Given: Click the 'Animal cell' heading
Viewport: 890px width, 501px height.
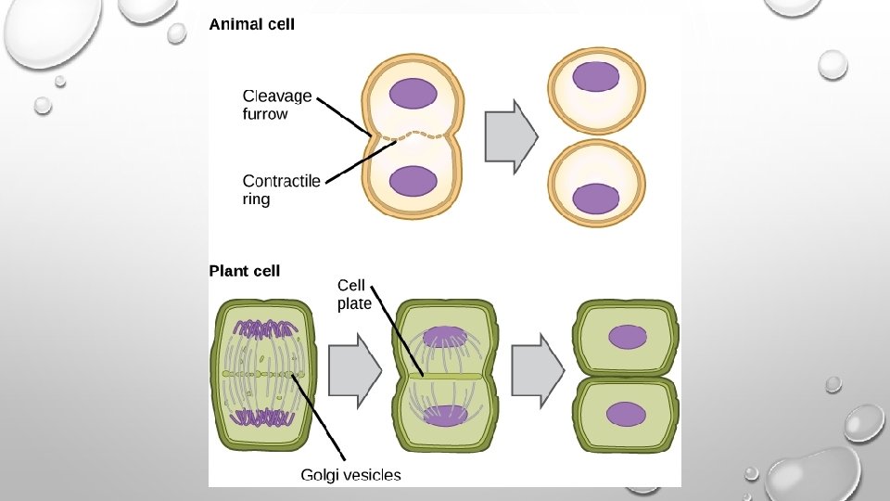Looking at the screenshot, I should click(x=252, y=25).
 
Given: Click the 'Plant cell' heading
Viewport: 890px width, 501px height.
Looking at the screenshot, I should click(x=245, y=271).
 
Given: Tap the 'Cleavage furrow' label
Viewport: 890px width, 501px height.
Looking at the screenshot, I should click(x=277, y=105).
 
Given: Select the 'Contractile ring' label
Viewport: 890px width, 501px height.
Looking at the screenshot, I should click(x=281, y=189).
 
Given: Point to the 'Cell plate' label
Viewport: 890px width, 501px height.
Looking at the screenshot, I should click(x=354, y=294).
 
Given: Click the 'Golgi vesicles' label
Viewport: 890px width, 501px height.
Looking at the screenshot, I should click(x=350, y=475).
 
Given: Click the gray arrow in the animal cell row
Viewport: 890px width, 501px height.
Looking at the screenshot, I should click(x=512, y=135).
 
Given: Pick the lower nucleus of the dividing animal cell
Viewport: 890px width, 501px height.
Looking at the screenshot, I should click(x=412, y=180).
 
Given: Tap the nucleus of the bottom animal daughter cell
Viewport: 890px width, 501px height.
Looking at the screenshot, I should click(x=596, y=199).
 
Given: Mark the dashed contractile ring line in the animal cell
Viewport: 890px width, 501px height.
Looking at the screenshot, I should click(x=412, y=136).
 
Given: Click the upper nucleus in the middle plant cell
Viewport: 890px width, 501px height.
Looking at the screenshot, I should click(x=445, y=336).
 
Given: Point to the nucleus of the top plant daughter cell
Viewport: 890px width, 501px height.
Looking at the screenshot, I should click(x=628, y=337).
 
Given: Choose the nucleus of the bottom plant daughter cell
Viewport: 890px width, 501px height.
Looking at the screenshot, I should click(x=628, y=413).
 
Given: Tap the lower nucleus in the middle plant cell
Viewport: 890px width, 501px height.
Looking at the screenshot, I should click(x=445, y=415).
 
